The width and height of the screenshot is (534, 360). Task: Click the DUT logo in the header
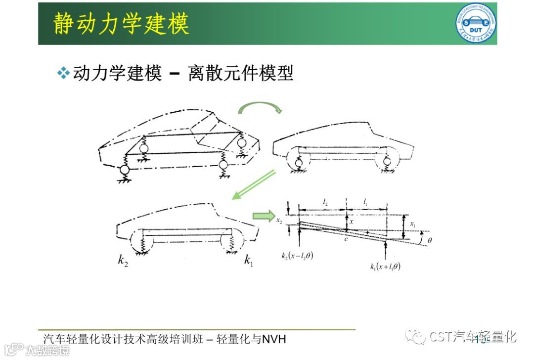pos(476,23)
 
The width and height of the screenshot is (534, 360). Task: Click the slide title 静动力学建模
pos(121,24)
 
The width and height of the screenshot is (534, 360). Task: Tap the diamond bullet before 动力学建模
pos(63,74)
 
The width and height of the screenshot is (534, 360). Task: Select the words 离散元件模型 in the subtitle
pos(240,74)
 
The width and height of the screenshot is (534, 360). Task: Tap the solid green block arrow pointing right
pos(263,216)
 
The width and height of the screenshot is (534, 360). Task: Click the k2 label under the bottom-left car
pos(123,260)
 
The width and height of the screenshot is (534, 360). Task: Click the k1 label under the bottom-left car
pos(249,260)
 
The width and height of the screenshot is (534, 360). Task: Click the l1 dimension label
pos(365,201)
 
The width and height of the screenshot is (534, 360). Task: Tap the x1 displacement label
pos(413,225)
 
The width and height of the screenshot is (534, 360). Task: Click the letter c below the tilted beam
pos(348,239)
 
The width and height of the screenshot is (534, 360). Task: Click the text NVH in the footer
pos(274,339)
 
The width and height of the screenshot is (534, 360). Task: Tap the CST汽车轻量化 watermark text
pos(472,337)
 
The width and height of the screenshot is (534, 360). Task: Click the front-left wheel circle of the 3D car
pos(124,170)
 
